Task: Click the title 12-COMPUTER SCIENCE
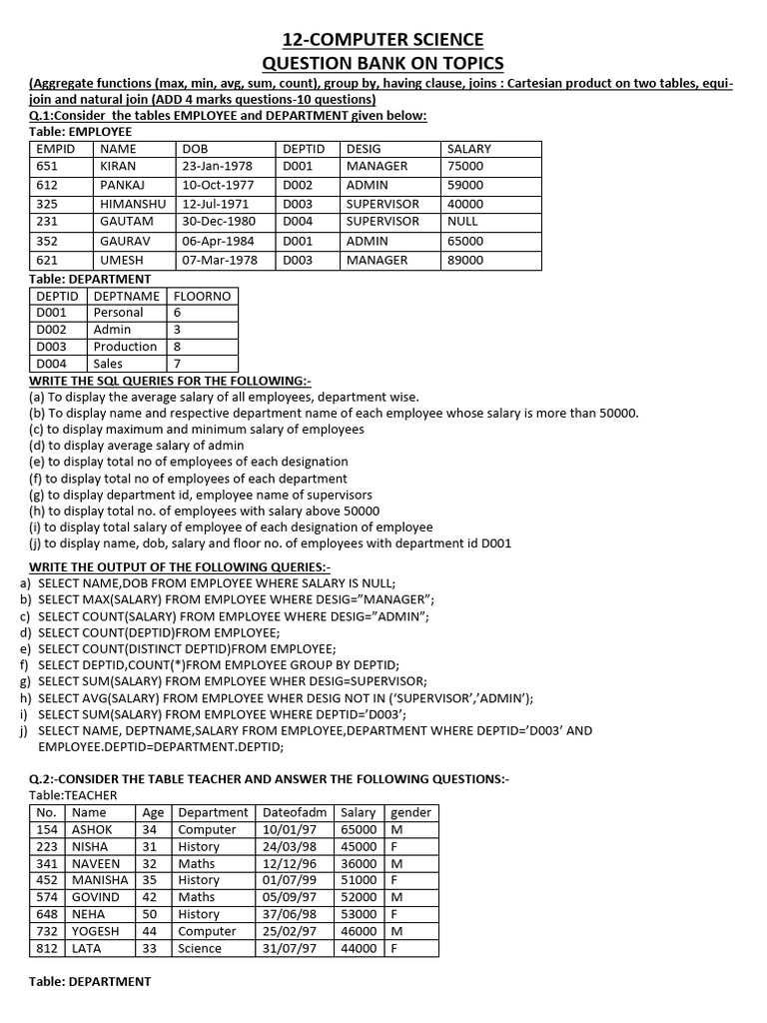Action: (383, 40)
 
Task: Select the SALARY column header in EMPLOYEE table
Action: (469, 149)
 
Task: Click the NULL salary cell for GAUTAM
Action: (462, 222)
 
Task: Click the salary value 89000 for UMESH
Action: (465, 260)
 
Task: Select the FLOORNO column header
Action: (202, 296)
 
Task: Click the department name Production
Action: (125, 347)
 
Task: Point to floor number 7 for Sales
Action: (177, 365)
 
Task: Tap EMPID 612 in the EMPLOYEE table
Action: (47, 186)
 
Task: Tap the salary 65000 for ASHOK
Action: (359, 829)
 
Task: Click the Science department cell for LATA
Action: (200, 948)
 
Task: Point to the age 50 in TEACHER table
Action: (151, 914)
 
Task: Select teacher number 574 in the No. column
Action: (47, 897)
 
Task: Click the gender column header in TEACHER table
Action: (410, 812)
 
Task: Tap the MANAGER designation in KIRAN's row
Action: (377, 167)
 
